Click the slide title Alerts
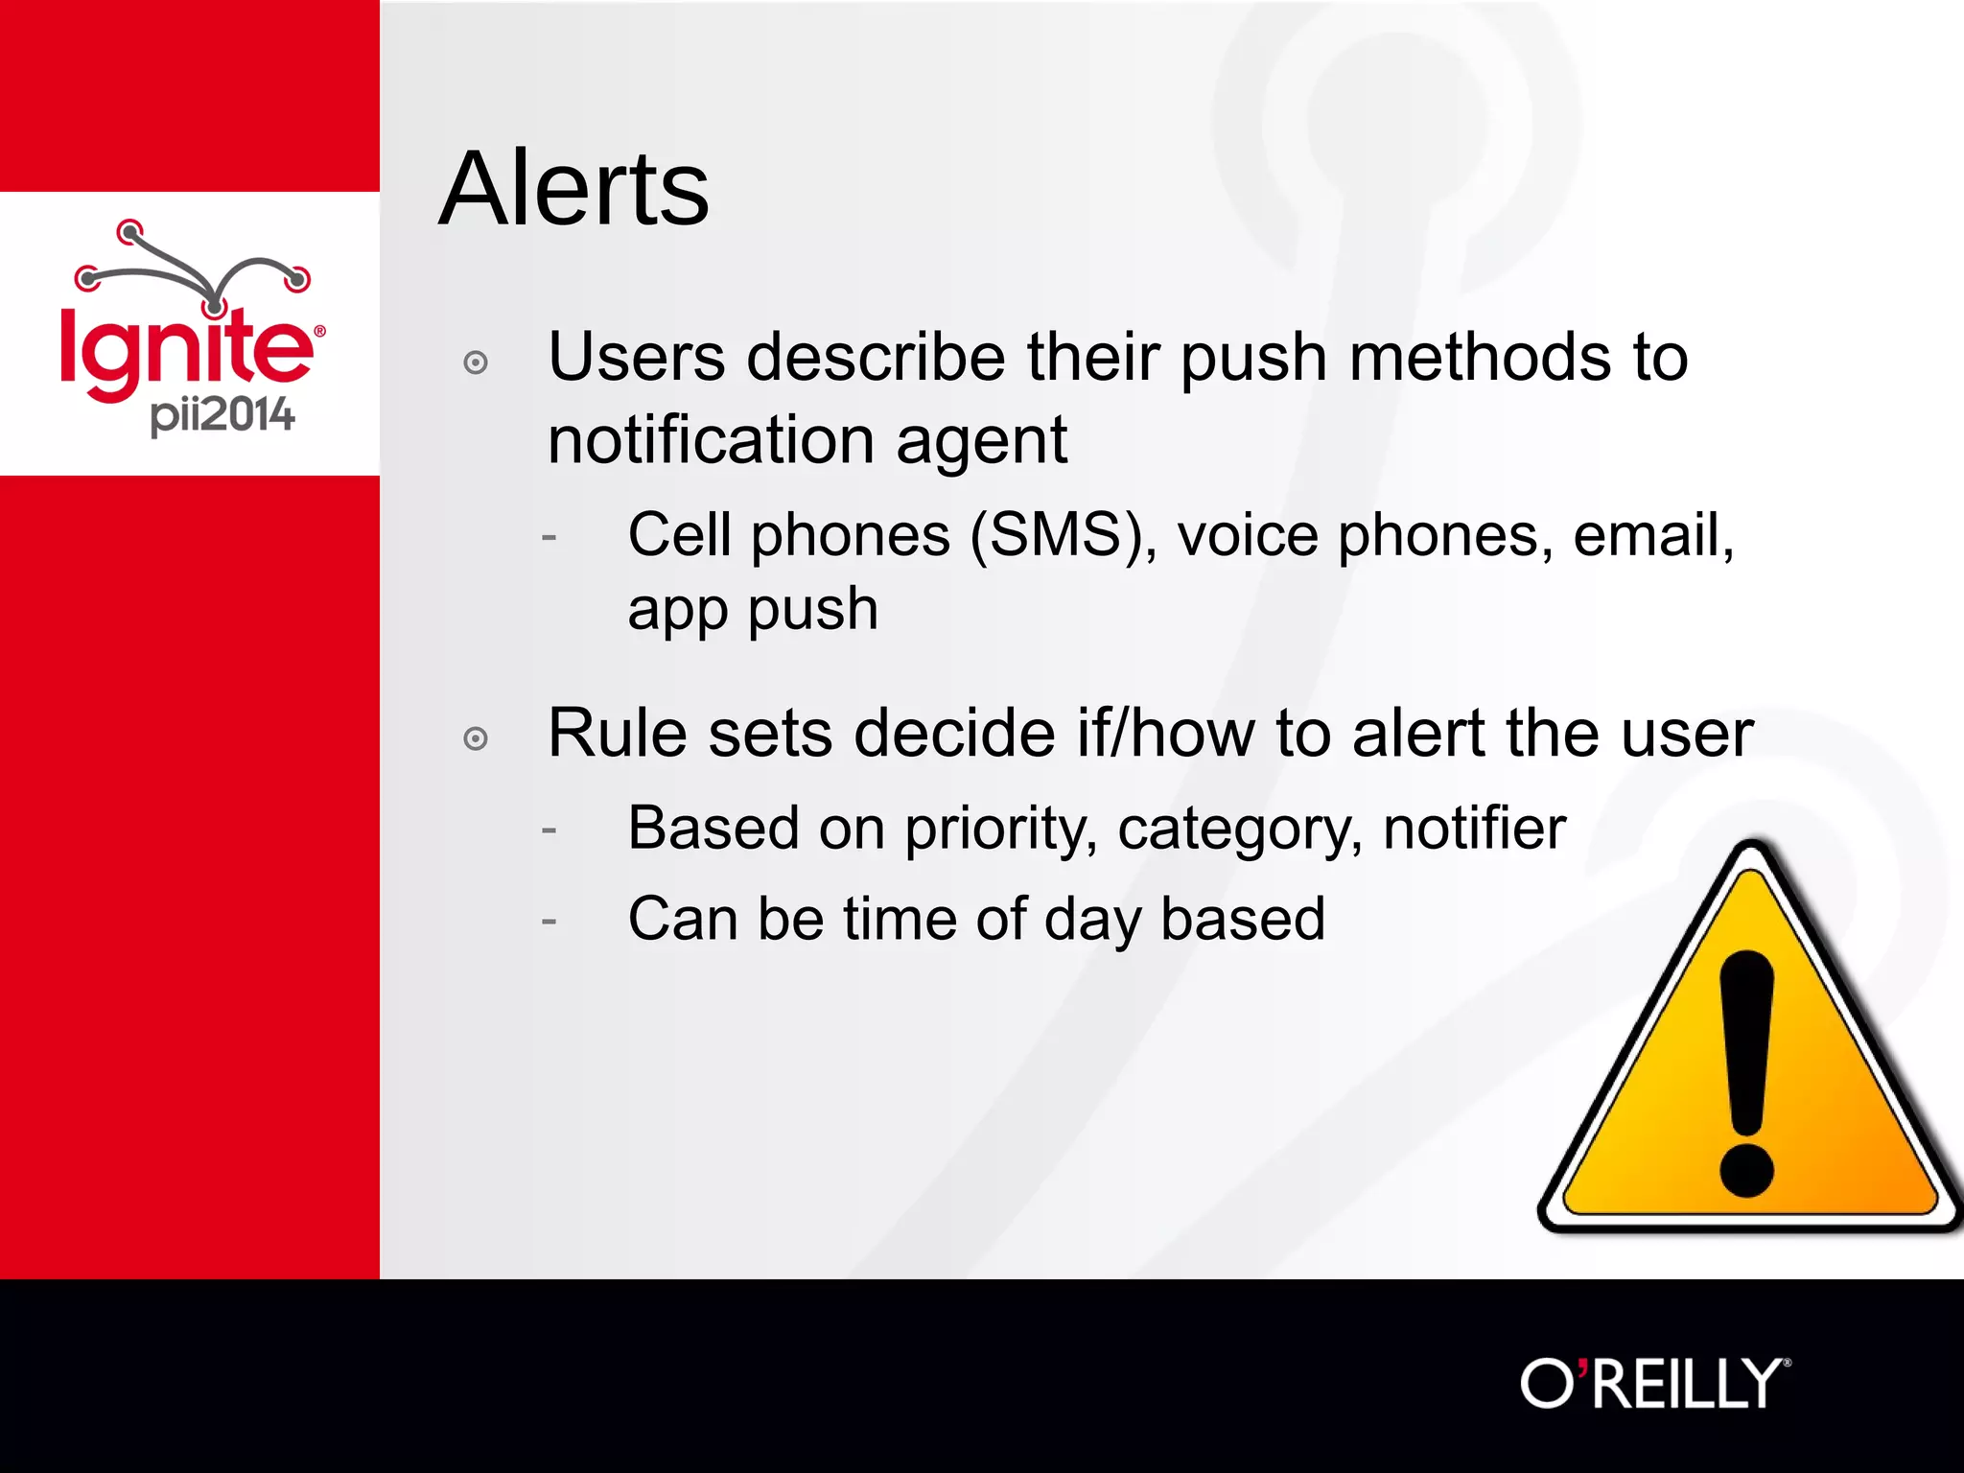tap(573, 189)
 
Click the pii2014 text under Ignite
tap(222, 415)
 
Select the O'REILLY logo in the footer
tap(1654, 1384)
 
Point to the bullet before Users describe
tap(476, 362)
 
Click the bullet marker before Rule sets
tap(476, 738)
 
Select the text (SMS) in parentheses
tap(1055, 534)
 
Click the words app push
tap(753, 611)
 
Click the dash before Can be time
tap(549, 922)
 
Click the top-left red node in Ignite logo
tap(129, 231)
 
